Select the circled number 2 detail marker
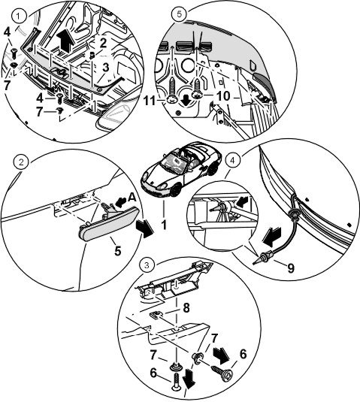(x=21, y=162)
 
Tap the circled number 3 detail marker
(x=147, y=265)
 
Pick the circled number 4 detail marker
(x=232, y=161)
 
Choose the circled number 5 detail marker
(x=179, y=14)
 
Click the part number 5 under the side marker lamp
(x=117, y=251)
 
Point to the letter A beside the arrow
(x=132, y=197)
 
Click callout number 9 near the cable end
(x=290, y=268)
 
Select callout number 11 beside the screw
(x=150, y=101)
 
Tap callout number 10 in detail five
(x=223, y=96)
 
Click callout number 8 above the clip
(x=186, y=308)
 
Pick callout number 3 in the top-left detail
(x=106, y=68)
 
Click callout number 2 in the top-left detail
(x=103, y=43)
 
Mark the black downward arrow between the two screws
(x=186, y=101)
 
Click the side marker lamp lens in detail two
(x=109, y=225)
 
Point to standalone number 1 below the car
(x=164, y=225)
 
